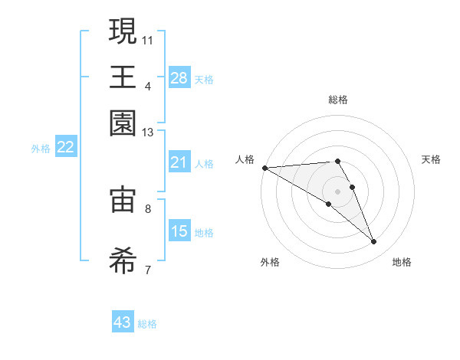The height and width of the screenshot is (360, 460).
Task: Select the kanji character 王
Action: click(x=123, y=77)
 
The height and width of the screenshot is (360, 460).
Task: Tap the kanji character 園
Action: click(x=123, y=123)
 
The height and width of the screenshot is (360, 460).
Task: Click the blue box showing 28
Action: click(x=179, y=78)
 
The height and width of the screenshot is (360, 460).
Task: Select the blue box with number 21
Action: click(x=179, y=162)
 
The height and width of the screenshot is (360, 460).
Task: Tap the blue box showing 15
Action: click(x=179, y=231)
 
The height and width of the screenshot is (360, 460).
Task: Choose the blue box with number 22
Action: click(x=65, y=148)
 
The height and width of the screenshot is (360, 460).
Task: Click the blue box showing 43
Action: click(x=123, y=322)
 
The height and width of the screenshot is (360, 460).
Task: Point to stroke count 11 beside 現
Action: click(x=148, y=38)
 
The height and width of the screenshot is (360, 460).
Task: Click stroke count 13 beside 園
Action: click(x=148, y=133)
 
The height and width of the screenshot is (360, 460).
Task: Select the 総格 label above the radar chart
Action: click(x=338, y=100)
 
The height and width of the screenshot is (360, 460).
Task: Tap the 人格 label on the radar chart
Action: click(x=245, y=159)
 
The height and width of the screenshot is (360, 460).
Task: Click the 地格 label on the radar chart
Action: click(x=402, y=262)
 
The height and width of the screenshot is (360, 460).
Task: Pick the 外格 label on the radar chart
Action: click(x=270, y=262)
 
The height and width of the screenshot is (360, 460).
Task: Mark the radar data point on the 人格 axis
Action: click(x=264, y=168)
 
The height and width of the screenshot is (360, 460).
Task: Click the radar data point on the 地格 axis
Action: click(x=374, y=242)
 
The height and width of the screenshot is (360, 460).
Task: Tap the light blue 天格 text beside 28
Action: click(x=204, y=79)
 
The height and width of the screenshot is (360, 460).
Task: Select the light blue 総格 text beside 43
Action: click(x=147, y=324)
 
